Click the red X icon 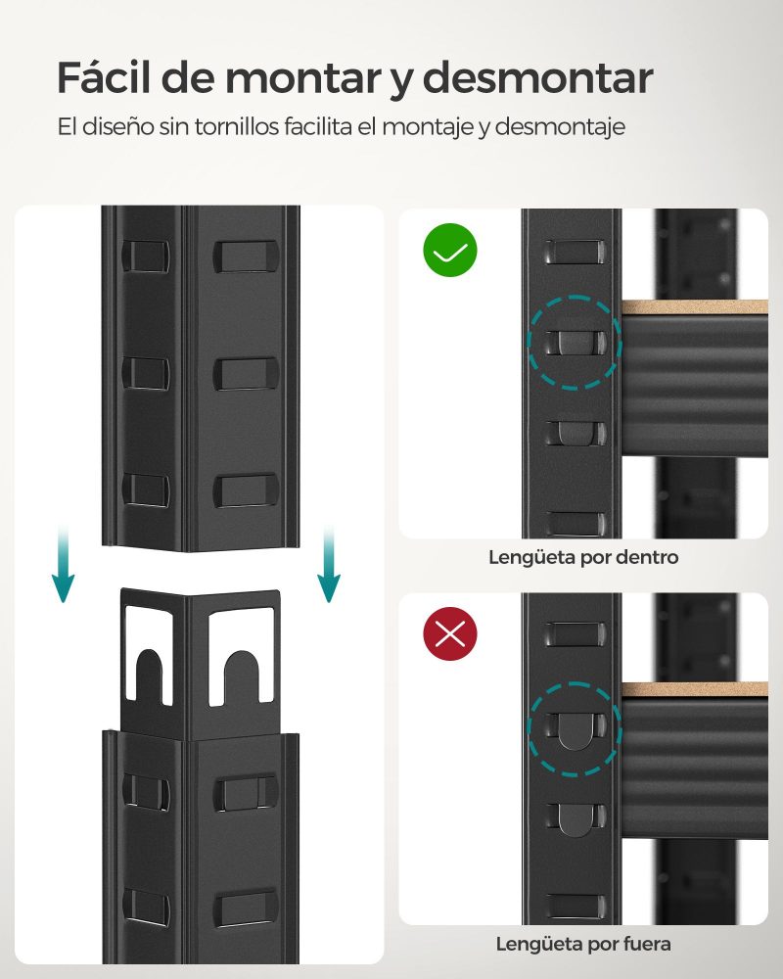pyautogui.click(x=449, y=634)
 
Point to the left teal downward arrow pyautogui.click(x=64, y=568)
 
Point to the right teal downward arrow pyautogui.click(x=329, y=568)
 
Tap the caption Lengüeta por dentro pyautogui.click(x=583, y=558)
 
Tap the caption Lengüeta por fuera pyautogui.click(x=583, y=944)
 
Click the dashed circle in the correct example pyautogui.click(x=574, y=342)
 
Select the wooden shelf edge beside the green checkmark pyautogui.click(x=694, y=307)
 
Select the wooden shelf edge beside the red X pyautogui.click(x=694, y=690)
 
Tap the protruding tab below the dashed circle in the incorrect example pyautogui.click(x=574, y=816)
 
